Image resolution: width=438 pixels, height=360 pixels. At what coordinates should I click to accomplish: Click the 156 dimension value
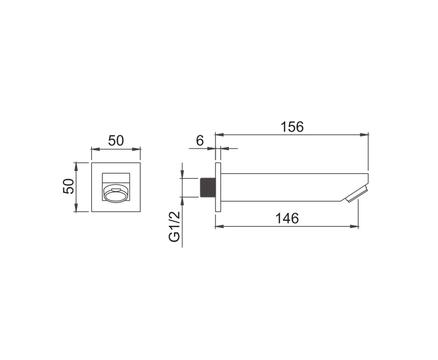[292, 127]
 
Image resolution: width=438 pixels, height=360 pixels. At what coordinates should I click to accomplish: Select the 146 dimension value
[287, 218]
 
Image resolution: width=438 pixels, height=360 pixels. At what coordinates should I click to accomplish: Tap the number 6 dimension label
[200, 141]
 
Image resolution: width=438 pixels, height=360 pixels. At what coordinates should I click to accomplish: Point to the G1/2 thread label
[174, 227]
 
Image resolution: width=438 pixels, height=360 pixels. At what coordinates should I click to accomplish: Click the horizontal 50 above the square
[116, 141]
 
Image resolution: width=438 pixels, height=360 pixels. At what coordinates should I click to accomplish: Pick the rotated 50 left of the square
[68, 186]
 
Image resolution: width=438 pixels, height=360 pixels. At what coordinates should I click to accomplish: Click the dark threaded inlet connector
[208, 187]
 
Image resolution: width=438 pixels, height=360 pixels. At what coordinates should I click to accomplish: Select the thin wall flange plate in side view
[218, 187]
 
